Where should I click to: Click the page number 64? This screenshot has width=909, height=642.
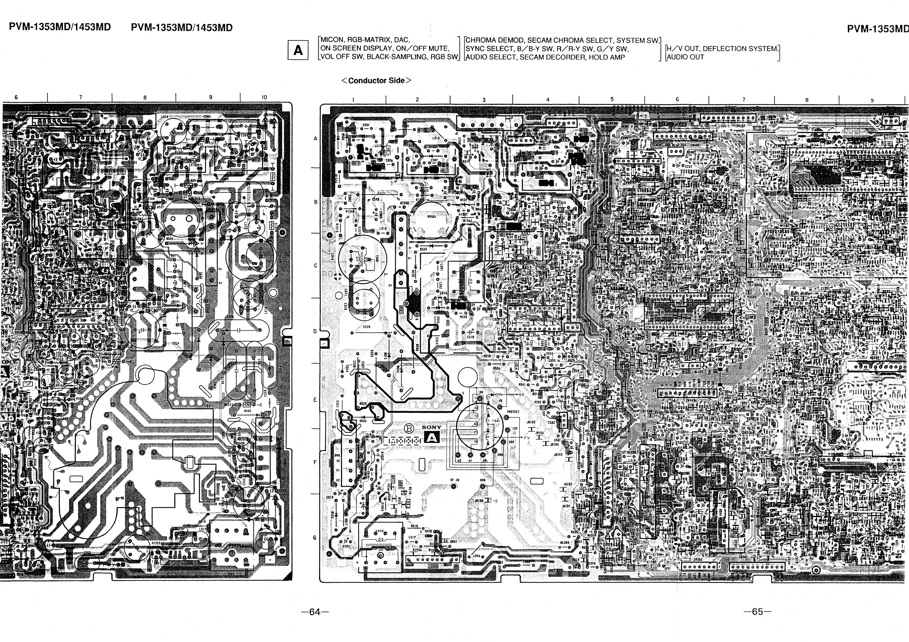pos(315,612)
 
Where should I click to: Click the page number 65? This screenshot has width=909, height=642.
pos(757,611)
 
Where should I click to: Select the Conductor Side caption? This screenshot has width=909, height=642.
pos(376,81)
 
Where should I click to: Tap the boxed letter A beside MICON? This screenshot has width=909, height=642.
pos(298,50)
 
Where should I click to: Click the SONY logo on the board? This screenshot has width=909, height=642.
pos(431,427)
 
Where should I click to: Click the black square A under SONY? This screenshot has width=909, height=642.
pos(431,437)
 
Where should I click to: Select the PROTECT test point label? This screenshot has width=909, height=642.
pos(513,411)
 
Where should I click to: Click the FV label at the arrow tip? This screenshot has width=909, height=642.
pos(527,438)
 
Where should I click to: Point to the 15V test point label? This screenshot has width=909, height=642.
pos(515,429)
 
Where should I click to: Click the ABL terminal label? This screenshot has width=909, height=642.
pos(485,460)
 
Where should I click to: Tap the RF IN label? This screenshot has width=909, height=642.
pos(454,480)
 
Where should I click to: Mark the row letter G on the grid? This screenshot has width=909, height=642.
pos(315,537)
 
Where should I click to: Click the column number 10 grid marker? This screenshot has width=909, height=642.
pos(264,97)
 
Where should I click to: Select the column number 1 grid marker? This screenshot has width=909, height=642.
pos(353,100)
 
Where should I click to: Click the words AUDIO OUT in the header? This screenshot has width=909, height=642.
pos(686,57)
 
